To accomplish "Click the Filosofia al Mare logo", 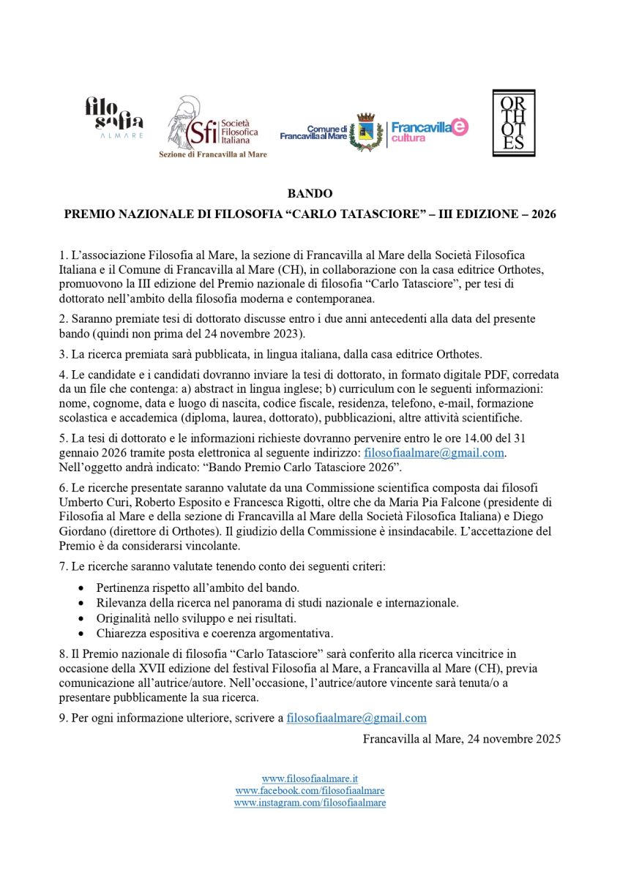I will (x=113, y=117).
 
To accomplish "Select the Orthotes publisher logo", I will (x=513, y=123).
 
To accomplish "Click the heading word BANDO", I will (x=310, y=194).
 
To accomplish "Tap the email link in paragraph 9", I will (x=356, y=718).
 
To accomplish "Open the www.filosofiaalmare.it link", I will (x=310, y=778).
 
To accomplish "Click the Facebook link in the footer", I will (x=310, y=791).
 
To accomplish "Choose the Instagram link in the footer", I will (x=310, y=803).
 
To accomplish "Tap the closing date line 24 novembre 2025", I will (x=462, y=739).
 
